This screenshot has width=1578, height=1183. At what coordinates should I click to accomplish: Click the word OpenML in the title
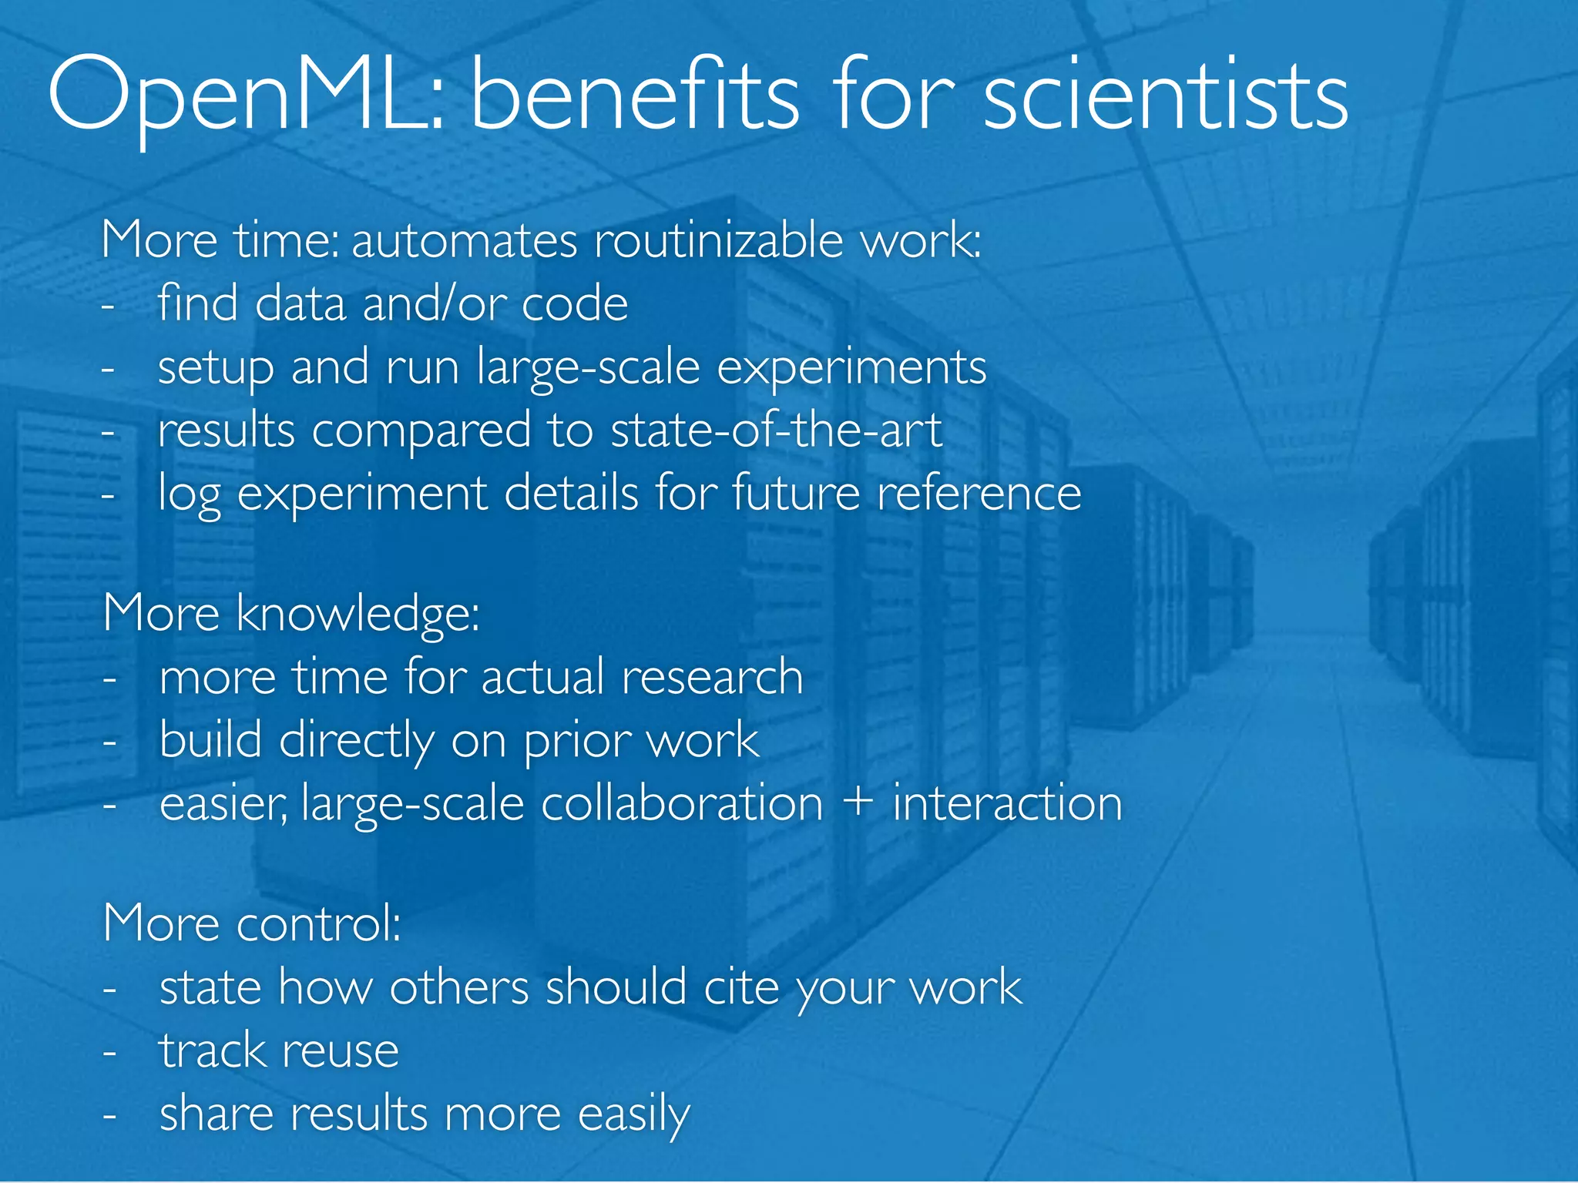coord(245,99)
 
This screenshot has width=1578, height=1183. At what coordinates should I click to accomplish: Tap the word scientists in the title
coord(1165,99)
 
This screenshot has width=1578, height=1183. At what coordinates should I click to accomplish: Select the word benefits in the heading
coord(634,99)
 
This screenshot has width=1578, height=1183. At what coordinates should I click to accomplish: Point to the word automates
coord(464,240)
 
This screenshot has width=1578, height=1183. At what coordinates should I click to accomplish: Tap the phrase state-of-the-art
coord(776,430)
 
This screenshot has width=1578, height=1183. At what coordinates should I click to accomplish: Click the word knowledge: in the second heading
coord(358,615)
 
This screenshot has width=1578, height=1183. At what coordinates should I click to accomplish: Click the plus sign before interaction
coord(858,803)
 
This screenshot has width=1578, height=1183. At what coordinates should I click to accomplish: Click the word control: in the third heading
coord(318,923)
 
